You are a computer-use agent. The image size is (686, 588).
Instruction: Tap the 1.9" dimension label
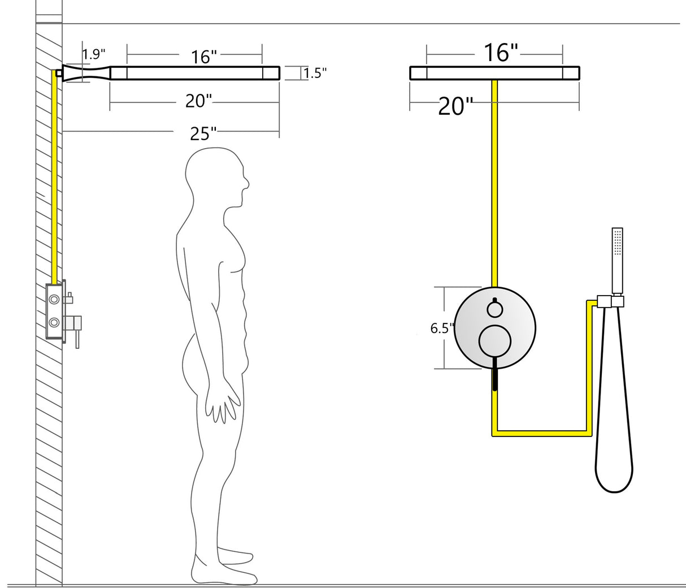pyautogui.click(x=94, y=54)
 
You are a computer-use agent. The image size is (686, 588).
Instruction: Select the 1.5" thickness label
pyautogui.click(x=315, y=73)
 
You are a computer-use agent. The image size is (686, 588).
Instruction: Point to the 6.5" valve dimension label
pyautogui.click(x=442, y=328)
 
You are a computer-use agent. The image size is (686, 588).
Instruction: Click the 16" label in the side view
pyautogui.click(x=204, y=57)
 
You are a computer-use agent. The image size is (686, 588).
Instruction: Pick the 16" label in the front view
pyautogui.click(x=501, y=53)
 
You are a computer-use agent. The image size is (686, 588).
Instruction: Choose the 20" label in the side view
pyautogui.click(x=198, y=101)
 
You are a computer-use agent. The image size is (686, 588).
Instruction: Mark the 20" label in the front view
pyautogui.click(x=455, y=106)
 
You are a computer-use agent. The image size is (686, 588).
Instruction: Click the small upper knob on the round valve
pyautogui.click(x=495, y=309)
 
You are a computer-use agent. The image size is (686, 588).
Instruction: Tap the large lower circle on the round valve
pyautogui.click(x=495, y=341)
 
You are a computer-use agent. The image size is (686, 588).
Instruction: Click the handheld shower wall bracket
pyautogui.click(x=610, y=301)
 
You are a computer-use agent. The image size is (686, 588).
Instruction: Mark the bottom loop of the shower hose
pyautogui.click(x=614, y=481)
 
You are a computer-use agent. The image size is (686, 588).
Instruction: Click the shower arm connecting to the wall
pyautogui.click(x=85, y=73)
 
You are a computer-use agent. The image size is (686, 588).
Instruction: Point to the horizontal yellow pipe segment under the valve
pyautogui.click(x=542, y=433)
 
